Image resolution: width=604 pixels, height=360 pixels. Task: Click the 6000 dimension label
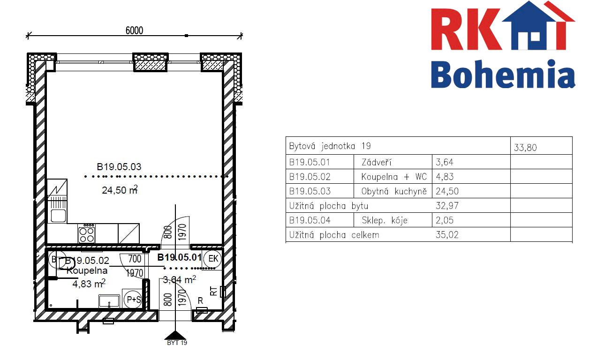tap(134, 30)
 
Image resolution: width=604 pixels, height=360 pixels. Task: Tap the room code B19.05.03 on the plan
tap(119, 167)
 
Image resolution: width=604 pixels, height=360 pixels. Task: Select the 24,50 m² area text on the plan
tap(120, 190)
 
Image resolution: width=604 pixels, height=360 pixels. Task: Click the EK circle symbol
tap(213, 259)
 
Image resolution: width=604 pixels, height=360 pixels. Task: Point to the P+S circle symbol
tap(134, 300)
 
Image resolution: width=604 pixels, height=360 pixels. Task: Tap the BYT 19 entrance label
tap(177, 343)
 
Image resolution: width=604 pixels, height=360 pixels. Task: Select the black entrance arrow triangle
tap(175, 336)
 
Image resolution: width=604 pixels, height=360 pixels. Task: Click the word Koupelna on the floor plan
tap(87, 270)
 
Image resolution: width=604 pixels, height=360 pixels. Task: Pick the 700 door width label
tap(135, 259)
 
